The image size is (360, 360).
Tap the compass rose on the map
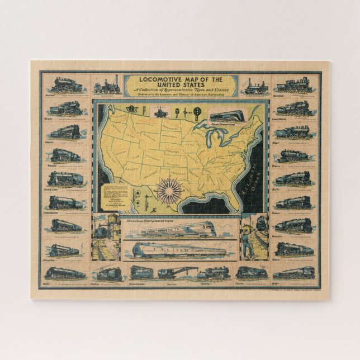click(168, 191)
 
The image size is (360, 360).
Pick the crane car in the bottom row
click(171, 272)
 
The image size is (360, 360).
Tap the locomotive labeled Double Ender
click(67, 178)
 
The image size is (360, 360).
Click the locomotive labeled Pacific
click(293, 178)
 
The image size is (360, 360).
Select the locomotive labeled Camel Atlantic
click(293, 108)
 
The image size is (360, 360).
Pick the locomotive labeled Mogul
click(293, 132)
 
